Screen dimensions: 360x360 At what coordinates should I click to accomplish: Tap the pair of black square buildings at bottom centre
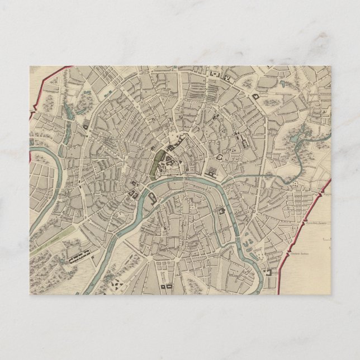click(x=166, y=286)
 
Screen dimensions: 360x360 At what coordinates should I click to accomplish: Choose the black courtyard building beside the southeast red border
click(x=272, y=272)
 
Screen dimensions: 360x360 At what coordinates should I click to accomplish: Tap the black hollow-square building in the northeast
click(x=257, y=97)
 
